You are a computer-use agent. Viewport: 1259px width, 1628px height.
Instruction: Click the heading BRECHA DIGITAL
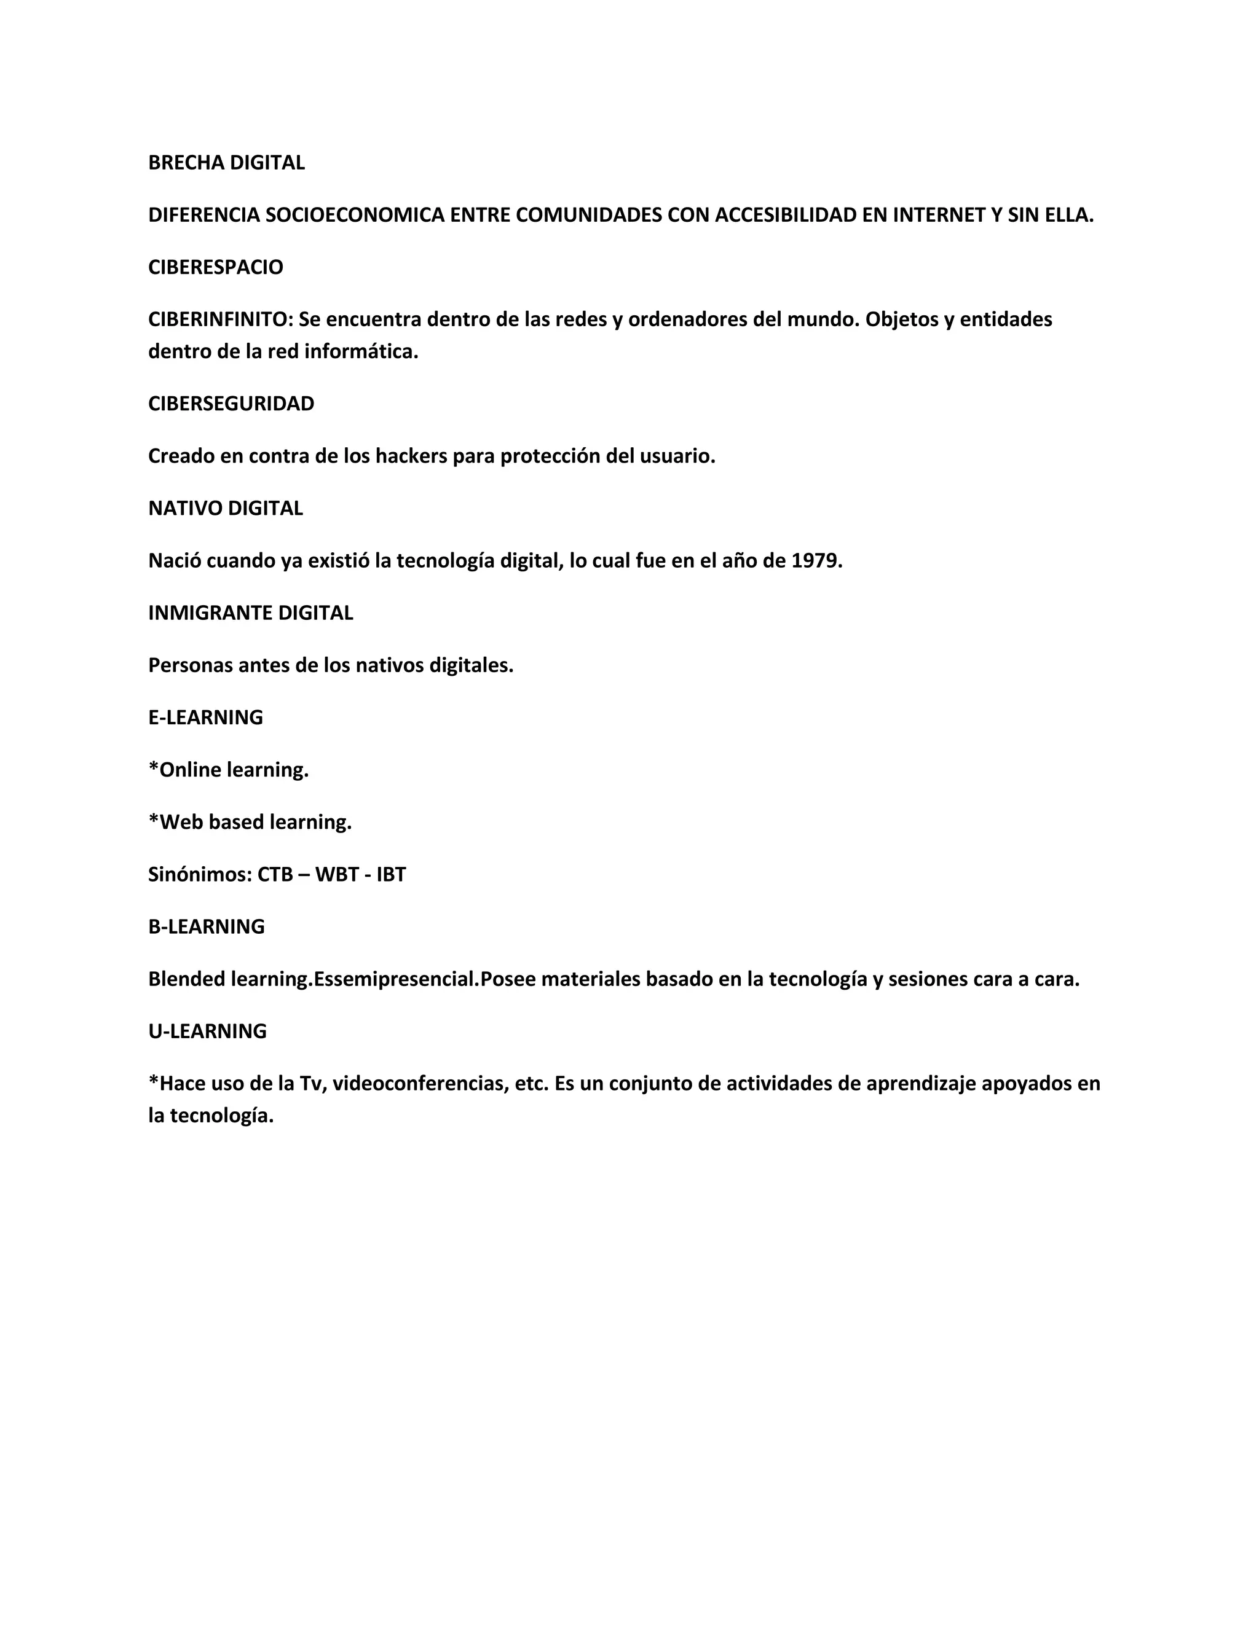coord(226,163)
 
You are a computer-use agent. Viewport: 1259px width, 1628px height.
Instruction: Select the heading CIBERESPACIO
coord(216,267)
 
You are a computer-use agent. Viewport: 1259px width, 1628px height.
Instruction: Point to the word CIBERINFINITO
coord(220,319)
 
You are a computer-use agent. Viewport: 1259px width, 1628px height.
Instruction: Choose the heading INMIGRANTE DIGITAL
coord(251,612)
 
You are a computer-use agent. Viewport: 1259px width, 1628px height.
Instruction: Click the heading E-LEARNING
coord(205,717)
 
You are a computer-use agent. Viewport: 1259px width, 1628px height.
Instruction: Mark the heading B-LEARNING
coord(206,926)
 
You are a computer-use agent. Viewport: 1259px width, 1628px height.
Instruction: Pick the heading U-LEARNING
coord(207,1031)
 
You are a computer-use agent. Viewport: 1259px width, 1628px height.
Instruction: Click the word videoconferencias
coord(420,1083)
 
